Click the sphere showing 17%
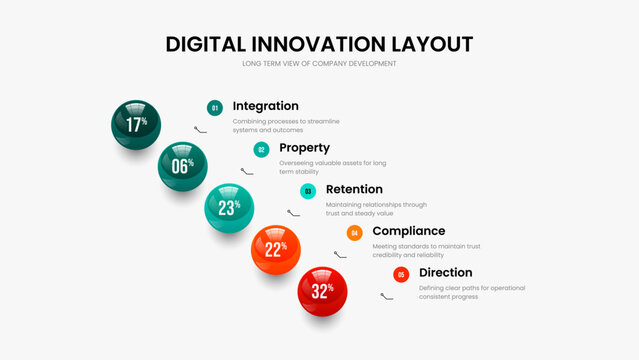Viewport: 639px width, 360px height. (135, 124)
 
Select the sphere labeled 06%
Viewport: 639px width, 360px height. (182, 166)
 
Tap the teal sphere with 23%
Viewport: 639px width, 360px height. (229, 207)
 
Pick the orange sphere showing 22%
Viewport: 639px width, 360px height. (276, 249)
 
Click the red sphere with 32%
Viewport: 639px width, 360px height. (322, 291)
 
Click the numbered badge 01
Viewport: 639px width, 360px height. (214, 107)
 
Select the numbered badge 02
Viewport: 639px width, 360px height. (261, 149)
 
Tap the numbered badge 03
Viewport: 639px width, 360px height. (308, 190)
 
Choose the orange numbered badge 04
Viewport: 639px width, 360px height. (354, 232)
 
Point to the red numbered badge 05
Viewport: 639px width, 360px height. (401, 274)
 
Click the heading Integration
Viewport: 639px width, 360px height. (265, 106)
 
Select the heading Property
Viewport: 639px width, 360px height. (304, 148)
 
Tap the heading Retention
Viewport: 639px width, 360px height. (354, 189)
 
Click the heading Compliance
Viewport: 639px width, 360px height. (408, 231)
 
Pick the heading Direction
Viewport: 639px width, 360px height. (446, 273)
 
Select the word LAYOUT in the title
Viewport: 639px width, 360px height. (433, 44)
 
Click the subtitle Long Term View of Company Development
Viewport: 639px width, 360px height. (319, 64)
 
